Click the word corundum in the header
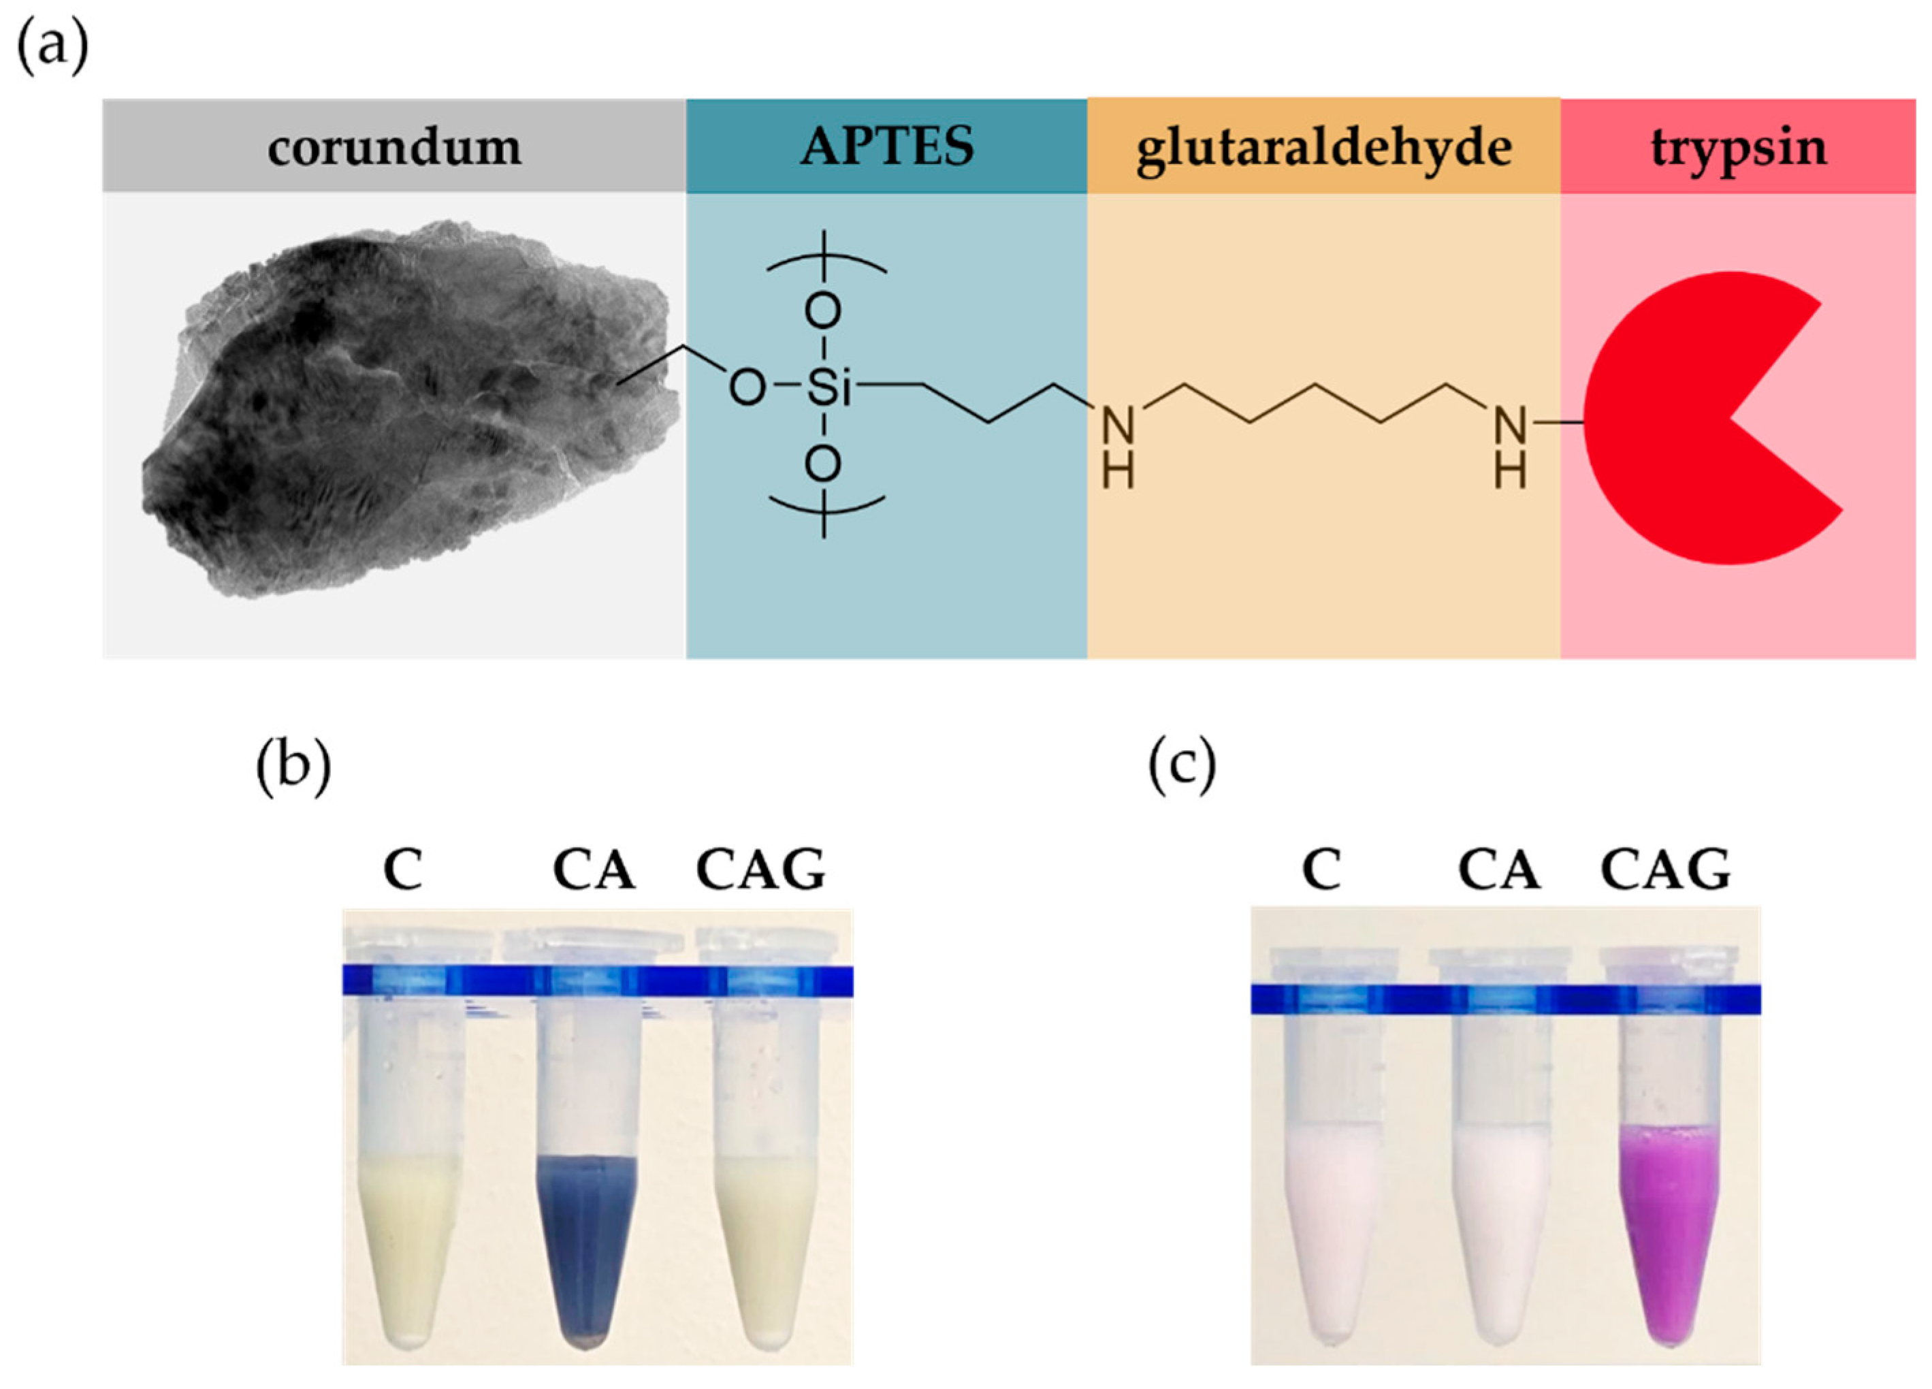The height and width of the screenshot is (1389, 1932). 393,148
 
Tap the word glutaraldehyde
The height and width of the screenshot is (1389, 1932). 1324,149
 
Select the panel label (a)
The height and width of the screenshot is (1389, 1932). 53,47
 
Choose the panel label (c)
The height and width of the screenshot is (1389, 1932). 1182,765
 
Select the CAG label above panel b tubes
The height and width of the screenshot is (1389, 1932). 760,870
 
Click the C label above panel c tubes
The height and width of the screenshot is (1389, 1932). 1321,870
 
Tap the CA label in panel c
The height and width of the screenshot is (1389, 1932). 1498,870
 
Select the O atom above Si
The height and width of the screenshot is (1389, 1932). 823,313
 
